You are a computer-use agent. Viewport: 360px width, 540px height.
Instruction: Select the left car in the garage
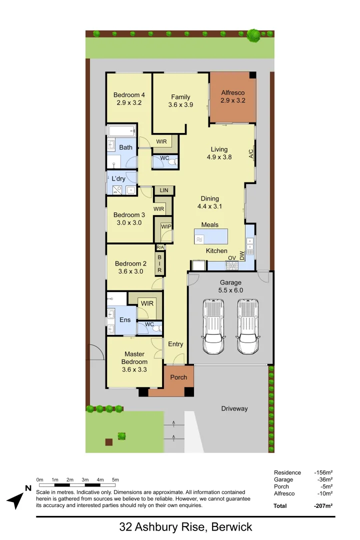click(x=213, y=327)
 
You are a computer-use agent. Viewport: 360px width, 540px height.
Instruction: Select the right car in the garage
click(x=248, y=327)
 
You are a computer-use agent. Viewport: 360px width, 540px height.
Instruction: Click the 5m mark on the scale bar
click(x=115, y=480)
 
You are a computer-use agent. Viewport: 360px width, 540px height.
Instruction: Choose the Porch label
click(x=178, y=377)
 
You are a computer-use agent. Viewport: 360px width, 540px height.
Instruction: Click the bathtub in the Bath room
click(x=121, y=131)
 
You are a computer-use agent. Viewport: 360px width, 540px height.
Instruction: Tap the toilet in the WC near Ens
click(x=156, y=328)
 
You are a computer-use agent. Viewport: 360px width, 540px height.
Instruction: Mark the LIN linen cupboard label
click(x=164, y=190)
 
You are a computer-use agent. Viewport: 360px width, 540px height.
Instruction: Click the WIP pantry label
click(x=166, y=226)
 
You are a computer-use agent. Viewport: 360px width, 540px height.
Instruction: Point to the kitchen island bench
click(x=211, y=236)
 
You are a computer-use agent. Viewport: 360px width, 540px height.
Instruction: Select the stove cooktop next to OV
click(x=231, y=265)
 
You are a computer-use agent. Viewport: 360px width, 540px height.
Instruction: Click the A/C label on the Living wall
click(x=251, y=153)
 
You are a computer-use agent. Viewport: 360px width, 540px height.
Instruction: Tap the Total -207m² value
click(x=323, y=505)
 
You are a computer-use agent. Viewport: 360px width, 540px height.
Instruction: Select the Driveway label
click(x=234, y=408)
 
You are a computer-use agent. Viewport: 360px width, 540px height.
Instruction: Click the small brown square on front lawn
click(x=108, y=441)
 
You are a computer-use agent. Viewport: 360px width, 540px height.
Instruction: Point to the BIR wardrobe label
click(x=159, y=263)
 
